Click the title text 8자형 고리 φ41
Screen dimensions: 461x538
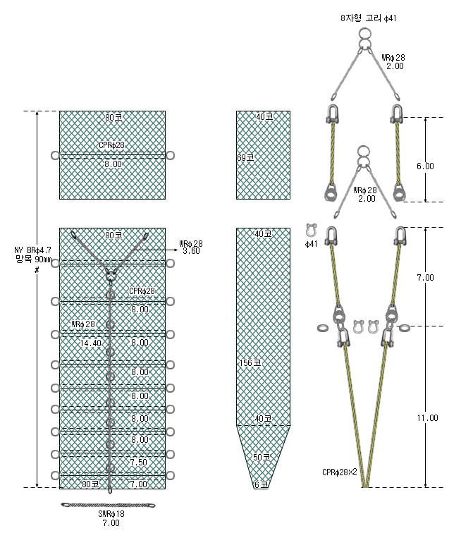click(369, 18)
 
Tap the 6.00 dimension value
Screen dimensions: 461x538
click(425, 166)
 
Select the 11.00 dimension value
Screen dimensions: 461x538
click(428, 418)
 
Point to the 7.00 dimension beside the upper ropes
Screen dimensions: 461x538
click(425, 277)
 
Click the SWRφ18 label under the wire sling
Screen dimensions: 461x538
click(111, 513)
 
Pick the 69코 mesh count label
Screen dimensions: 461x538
click(245, 157)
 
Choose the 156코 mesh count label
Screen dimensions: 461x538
click(250, 362)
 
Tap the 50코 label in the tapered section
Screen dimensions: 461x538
click(262, 457)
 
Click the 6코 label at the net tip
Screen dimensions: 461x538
click(261, 484)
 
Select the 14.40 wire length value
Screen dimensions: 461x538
click(91, 343)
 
